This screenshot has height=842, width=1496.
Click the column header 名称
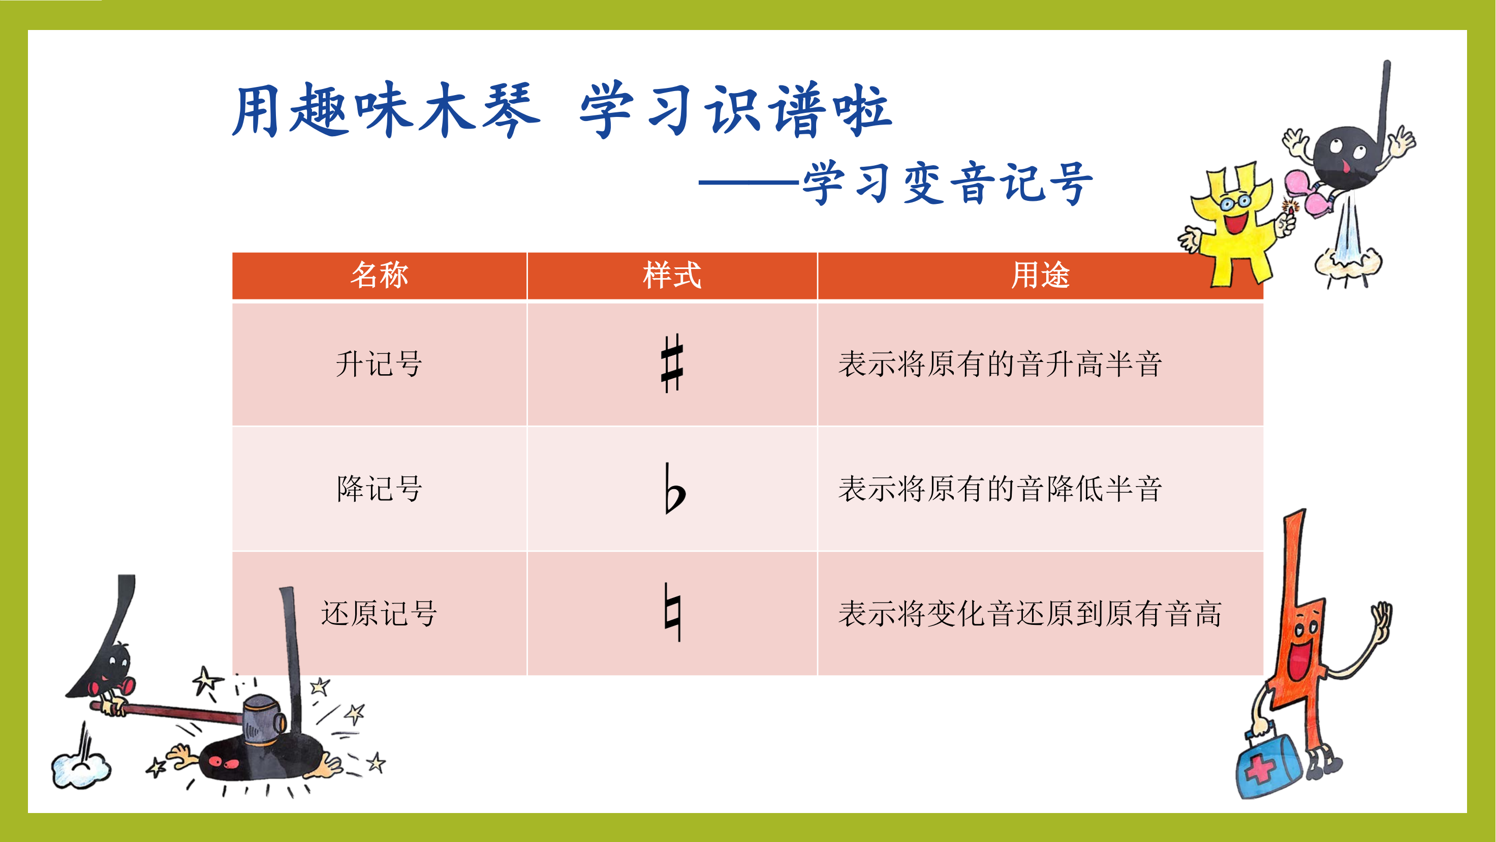(x=379, y=275)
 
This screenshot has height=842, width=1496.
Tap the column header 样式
(x=672, y=275)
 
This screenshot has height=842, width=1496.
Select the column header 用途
(x=1040, y=275)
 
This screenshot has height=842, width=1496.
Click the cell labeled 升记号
(x=379, y=365)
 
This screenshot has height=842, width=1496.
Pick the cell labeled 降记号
(x=379, y=489)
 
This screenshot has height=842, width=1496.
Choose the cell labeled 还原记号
(x=379, y=613)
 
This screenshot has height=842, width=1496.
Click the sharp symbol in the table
(x=672, y=364)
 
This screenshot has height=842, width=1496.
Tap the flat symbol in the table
(x=674, y=489)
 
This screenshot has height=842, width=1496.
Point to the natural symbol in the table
(x=672, y=612)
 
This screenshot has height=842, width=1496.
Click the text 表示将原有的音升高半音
(x=1000, y=365)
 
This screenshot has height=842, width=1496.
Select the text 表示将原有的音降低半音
(x=1000, y=489)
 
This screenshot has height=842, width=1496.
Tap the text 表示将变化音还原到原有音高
(x=1030, y=614)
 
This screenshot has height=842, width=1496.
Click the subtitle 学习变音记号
(x=948, y=183)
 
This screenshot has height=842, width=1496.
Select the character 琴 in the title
(x=511, y=110)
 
